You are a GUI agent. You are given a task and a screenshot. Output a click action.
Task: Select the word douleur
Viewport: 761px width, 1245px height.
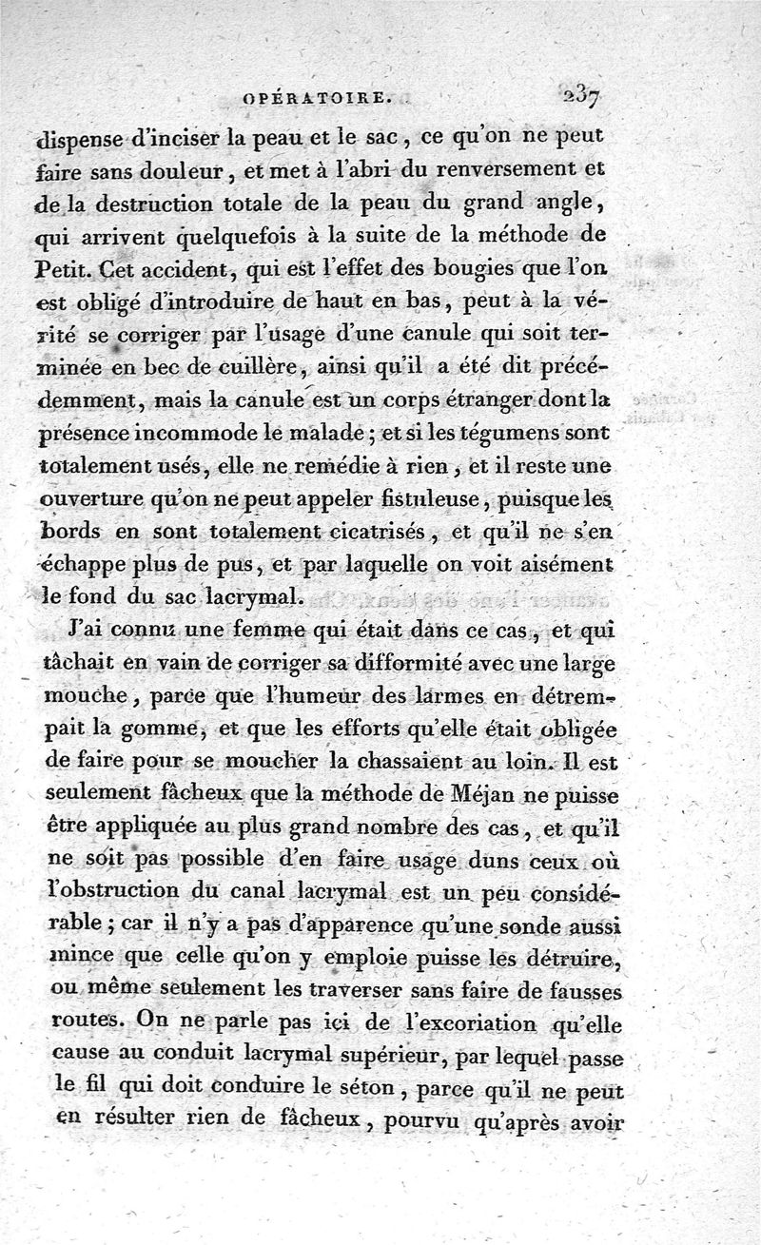coord(194,173)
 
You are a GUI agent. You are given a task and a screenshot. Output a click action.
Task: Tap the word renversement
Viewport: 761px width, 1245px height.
coord(527,171)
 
